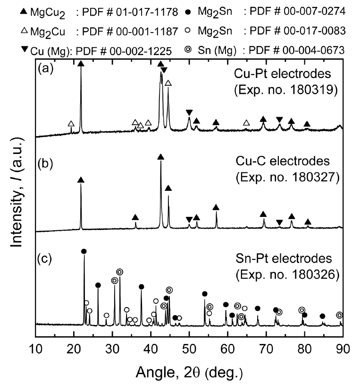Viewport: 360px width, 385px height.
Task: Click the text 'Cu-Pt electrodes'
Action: (x=284, y=75)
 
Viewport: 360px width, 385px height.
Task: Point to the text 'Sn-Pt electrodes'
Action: (x=284, y=259)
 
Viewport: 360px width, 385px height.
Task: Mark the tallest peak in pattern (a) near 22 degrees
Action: (x=81, y=71)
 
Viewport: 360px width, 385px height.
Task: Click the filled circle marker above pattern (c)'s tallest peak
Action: (x=84, y=251)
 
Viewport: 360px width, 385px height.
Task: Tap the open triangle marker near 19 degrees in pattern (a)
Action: (x=71, y=124)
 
